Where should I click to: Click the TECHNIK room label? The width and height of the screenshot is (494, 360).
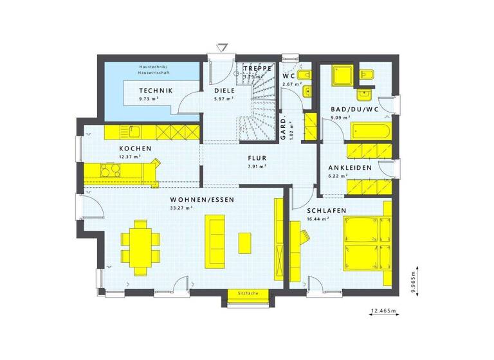(155, 91)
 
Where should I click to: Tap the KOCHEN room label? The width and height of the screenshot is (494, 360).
(134, 148)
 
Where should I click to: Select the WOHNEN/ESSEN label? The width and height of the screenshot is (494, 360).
(201, 200)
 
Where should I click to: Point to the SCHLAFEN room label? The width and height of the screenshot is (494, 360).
(326, 211)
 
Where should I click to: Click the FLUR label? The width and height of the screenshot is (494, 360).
(257, 157)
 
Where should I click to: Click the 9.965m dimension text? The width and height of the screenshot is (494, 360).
(412, 280)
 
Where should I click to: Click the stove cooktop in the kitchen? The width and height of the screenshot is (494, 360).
(109, 170)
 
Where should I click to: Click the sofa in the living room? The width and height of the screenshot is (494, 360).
(214, 241)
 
